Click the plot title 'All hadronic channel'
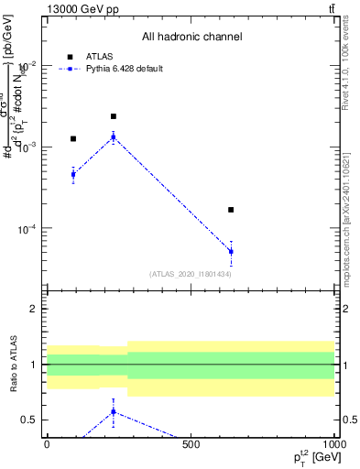191,37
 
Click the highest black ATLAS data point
114,116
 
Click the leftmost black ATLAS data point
73,138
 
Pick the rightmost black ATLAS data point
231,210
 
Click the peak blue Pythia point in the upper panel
114,136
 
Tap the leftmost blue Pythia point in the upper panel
73,174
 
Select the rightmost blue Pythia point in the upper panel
231,251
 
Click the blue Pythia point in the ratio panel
114,411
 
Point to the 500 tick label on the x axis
191,445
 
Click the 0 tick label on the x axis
47,445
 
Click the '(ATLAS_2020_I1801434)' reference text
190,274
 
